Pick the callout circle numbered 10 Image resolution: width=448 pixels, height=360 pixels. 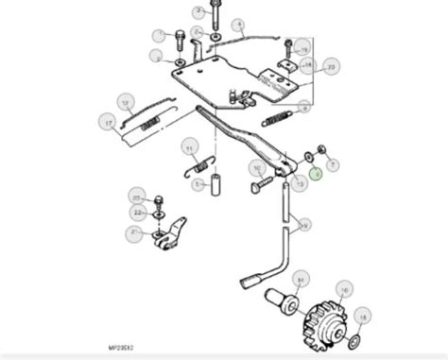pos(256,168)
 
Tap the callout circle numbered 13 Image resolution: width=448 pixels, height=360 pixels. pos(301,184)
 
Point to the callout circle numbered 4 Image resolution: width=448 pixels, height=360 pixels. pos(239,26)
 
